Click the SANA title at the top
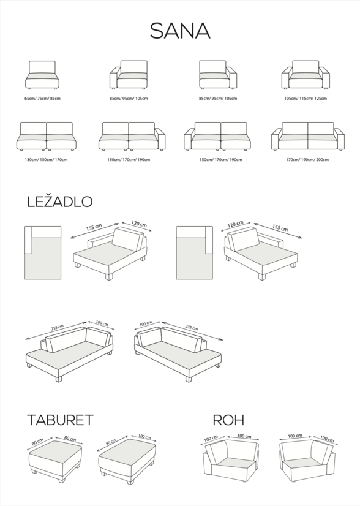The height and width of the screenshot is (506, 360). (180, 31)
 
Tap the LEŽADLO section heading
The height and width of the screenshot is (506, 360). (59, 201)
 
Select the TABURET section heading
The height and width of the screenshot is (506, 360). (60, 420)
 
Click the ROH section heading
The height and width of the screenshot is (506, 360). (228, 420)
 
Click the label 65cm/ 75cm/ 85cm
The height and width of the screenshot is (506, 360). (42, 99)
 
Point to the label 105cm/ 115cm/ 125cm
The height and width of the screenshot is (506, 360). (306, 99)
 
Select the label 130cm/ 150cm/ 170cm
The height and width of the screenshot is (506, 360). (46, 159)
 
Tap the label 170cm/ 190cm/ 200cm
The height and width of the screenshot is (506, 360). (307, 159)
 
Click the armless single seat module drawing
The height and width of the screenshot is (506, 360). (42, 75)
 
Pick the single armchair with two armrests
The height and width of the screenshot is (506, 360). (306, 75)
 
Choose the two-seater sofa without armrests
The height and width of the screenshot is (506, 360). (47, 136)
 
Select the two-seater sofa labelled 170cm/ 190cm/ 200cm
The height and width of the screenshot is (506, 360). (308, 136)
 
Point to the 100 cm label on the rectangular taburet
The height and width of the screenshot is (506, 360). (145, 437)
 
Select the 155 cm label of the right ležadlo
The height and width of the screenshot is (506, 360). (280, 227)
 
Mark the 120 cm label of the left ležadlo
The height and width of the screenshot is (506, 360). (139, 224)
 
